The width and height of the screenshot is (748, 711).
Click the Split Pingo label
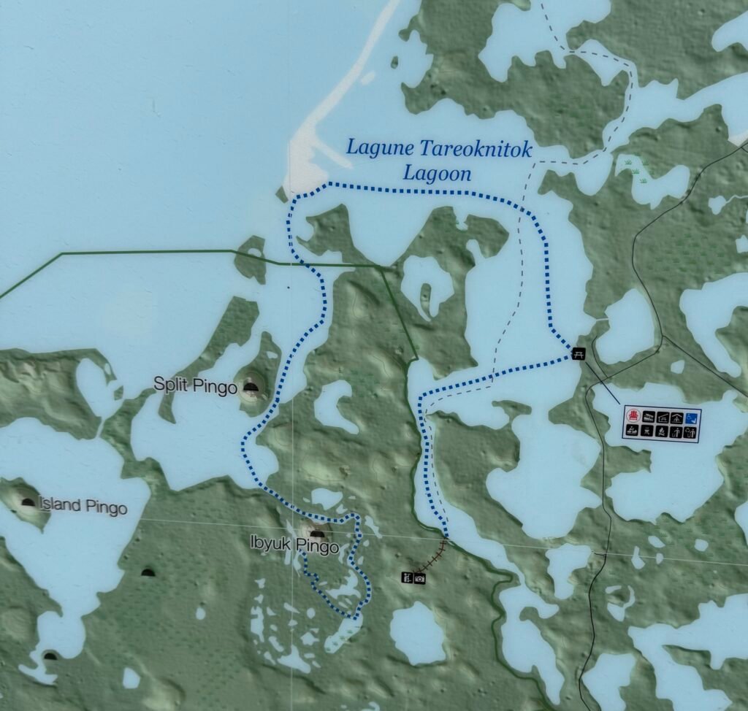coord(195,384)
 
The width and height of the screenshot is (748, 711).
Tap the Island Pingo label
coord(83,507)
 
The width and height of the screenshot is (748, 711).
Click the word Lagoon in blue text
coord(437,174)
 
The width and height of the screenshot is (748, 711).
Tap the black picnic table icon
coord(579,353)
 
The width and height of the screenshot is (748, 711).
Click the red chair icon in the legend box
coord(633,416)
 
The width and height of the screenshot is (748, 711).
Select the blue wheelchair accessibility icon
coord(692,419)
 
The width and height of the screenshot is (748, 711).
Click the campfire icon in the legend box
coord(662,431)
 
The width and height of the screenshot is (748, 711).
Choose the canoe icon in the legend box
coord(633,430)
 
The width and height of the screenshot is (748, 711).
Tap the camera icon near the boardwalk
coord(420,578)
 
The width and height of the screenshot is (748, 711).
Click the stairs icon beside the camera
coord(406,578)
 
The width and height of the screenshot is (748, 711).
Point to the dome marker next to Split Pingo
coord(251,388)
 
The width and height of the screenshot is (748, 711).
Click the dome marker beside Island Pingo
coord(28,502)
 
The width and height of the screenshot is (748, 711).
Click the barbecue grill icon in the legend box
coord(647,431)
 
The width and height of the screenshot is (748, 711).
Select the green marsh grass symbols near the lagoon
coord(632,169)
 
